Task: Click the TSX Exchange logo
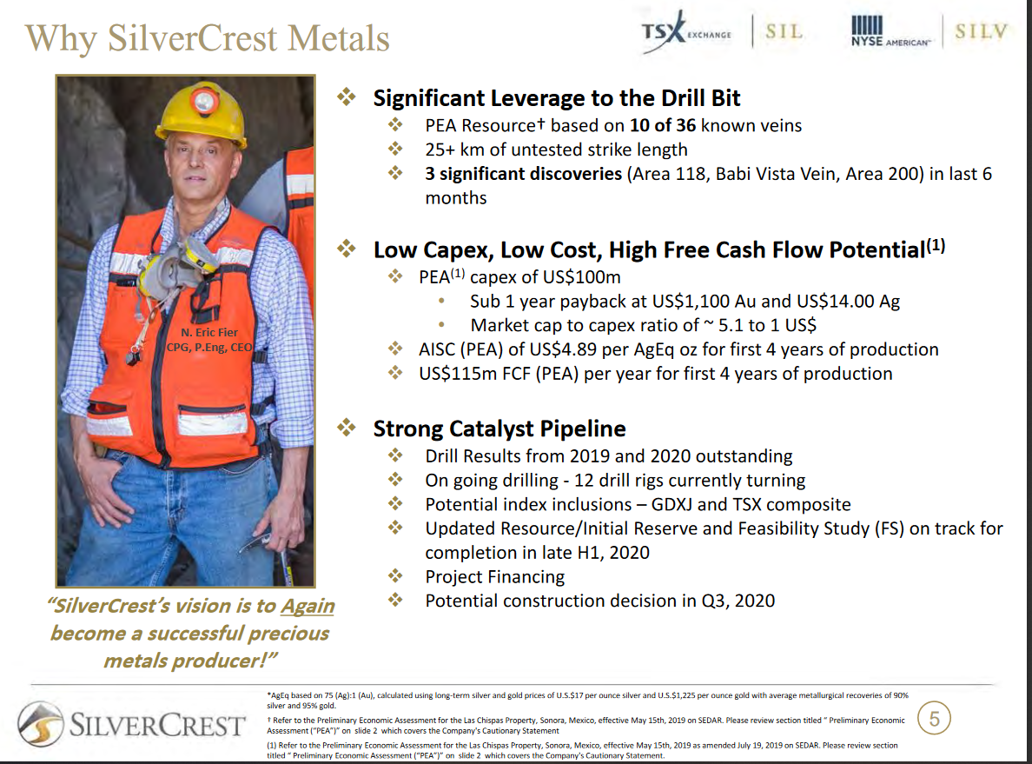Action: [x=685, y=34]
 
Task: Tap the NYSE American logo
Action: [x=890, y=33]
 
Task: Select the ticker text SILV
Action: [x=982, y=32]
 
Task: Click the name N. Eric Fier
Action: [x=209, y=332]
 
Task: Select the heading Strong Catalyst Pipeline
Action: [x=499, y=429]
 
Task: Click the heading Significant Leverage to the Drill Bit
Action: [x=557, y=98]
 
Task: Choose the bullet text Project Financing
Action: [x=494, y=576]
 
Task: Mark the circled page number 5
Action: [x=935, y=719]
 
